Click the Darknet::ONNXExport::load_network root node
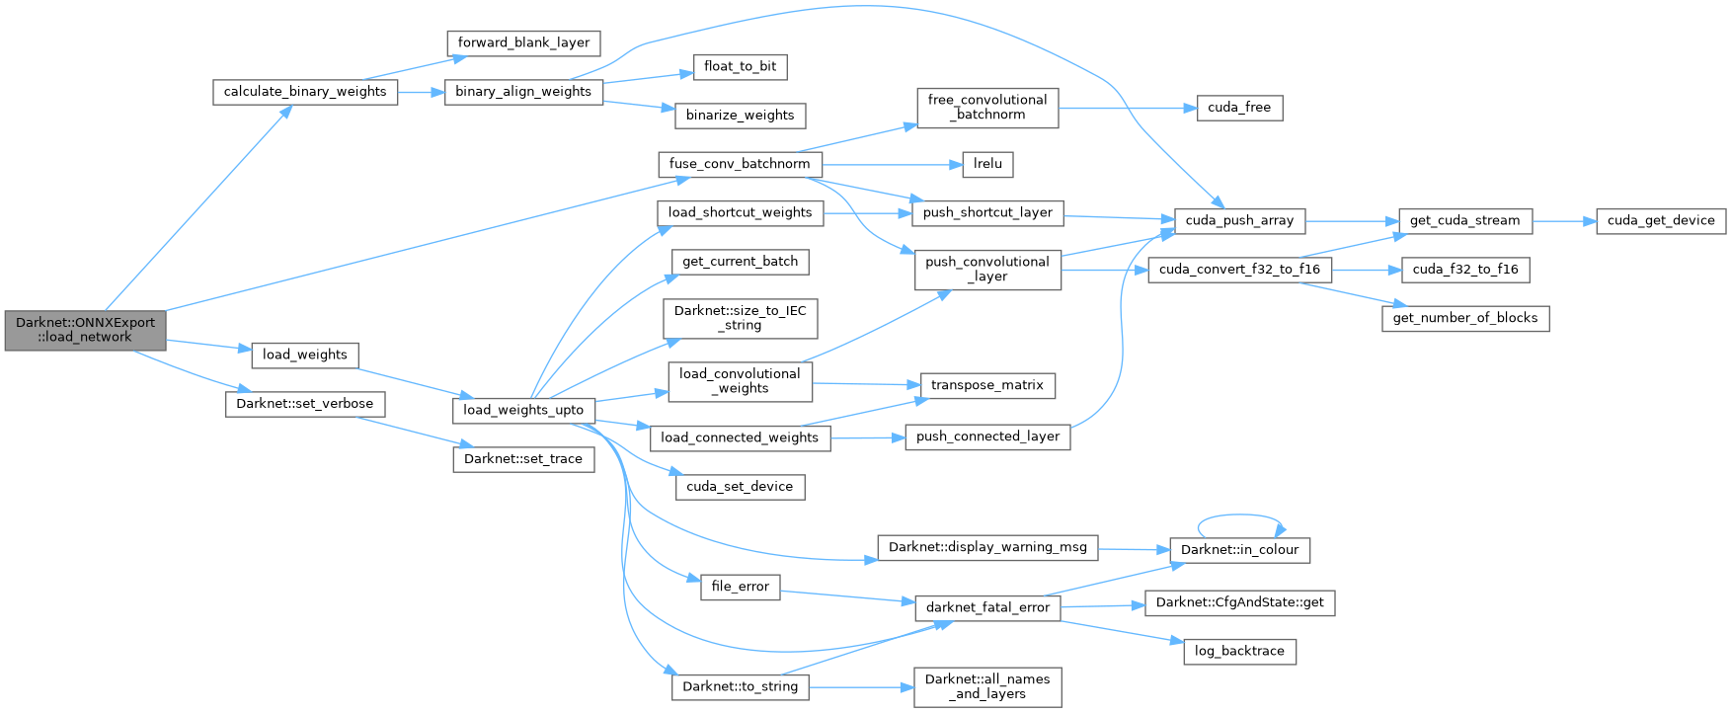click(85, 330)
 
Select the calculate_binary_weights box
click(305, 92)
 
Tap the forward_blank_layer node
click(523, 43)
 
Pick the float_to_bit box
click(740, 67)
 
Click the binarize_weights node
click(740, 116)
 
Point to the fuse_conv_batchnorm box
click(740, 164)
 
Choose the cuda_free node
click(1239, 108)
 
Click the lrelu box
click(987, 164)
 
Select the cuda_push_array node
click(1239, 221)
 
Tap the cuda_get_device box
click(1661, 221)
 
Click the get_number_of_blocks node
click(1465, 318)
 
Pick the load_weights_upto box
click(523, 410)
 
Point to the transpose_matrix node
click(987, 385)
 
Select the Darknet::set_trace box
click(523, 459)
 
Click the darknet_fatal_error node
click(987, 607)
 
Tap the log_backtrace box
click(1239, 652)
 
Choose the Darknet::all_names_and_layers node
click(987, 686)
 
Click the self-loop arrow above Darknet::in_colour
click(1240, 515)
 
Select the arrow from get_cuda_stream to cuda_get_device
click(1564, 221)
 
